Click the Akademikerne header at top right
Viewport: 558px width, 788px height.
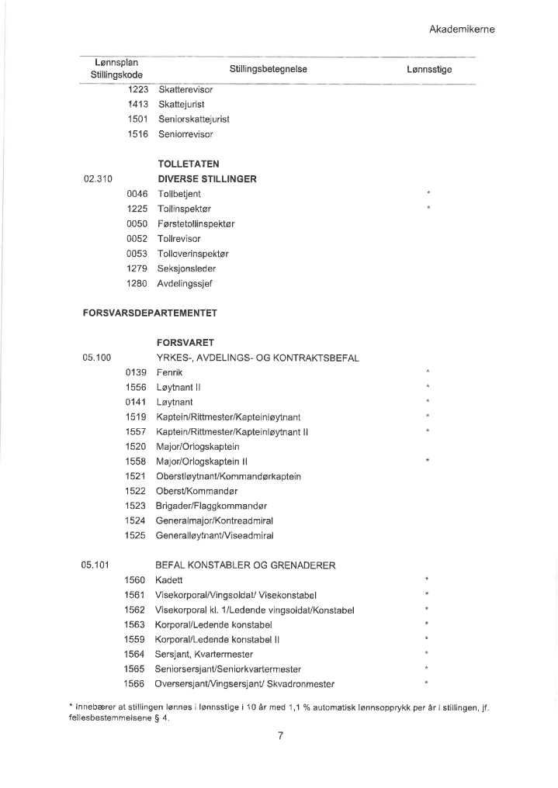(461, 29)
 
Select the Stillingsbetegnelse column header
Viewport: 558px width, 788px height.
(269, 69)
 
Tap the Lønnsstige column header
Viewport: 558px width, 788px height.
(428, 69)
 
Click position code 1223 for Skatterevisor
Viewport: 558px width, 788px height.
(138, 89)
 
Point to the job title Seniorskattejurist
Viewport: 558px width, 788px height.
(193, 119)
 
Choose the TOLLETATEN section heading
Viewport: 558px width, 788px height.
(188, 164)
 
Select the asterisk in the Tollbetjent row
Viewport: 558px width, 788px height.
(428, 194)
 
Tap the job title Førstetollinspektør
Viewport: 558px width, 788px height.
(196, 223)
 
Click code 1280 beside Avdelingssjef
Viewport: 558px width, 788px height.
(137, 283)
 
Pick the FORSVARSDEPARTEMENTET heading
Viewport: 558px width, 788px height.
(150, 313)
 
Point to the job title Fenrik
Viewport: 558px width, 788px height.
(169, 373)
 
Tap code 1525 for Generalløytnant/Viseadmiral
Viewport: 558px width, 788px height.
(135, 535)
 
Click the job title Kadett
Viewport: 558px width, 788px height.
(170, 580)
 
